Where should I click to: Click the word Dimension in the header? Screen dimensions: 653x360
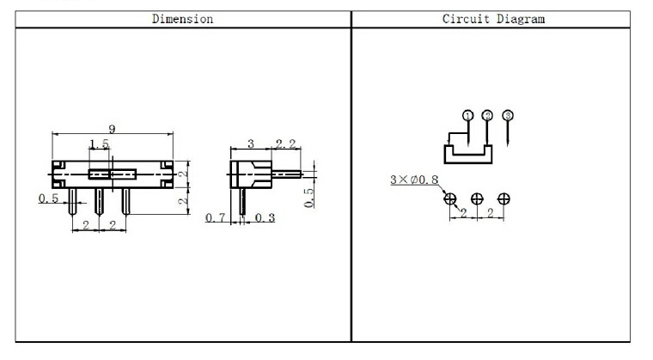coord(182,19)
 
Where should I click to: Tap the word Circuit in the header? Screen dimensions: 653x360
coord(466,19)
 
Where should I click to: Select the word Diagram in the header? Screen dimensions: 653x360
coord(520,19)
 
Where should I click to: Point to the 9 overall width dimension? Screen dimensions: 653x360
coord(112,129)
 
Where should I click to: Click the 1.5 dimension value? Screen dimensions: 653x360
coord(99,144)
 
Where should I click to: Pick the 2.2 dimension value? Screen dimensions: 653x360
coord(285,143)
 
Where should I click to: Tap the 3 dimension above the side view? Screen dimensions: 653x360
coord(250,143)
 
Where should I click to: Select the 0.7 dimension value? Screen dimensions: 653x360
coord(216,217)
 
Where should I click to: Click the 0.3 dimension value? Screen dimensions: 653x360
coord(265,217)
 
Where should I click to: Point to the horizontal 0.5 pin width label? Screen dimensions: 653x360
coord(48,198)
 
